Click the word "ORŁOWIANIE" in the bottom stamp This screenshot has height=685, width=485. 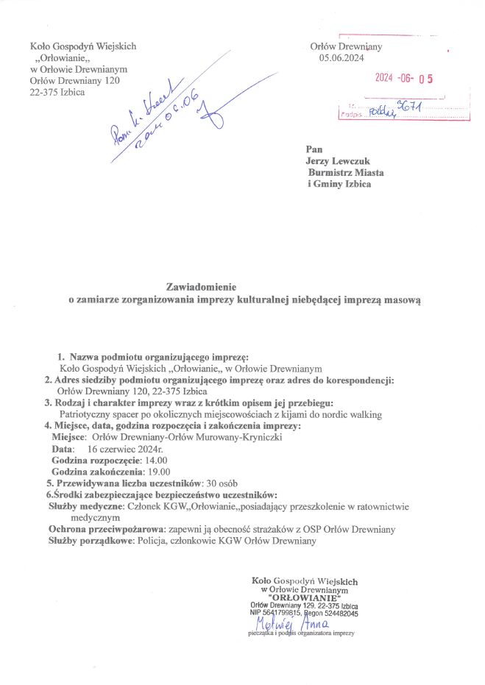coord(305,597)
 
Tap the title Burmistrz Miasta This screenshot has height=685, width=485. coord(346,171)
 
